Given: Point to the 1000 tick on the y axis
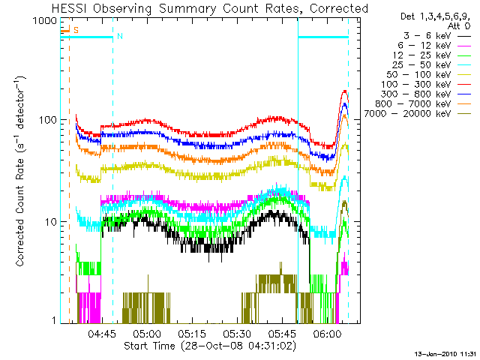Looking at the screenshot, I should [40, 21].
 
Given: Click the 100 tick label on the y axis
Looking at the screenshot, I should [43, 121].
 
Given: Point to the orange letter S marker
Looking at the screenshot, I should [76, 29].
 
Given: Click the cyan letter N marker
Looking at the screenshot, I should [120, 36].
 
